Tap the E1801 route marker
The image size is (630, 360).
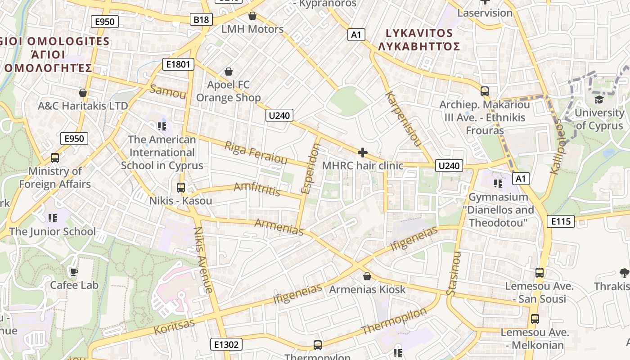178,64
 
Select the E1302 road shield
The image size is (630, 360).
226,345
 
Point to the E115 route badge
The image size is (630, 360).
561,221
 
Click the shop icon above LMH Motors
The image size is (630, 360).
252,16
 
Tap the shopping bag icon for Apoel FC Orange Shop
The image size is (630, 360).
229,72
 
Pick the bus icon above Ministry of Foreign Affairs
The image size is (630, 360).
55,158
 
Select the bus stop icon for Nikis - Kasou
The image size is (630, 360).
181,187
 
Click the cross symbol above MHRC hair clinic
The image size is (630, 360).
363,153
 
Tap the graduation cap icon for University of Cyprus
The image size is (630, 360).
599,99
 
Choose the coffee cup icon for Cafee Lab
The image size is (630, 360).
73,271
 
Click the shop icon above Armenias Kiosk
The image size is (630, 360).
367,276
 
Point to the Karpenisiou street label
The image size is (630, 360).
404,120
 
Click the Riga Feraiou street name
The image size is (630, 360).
256,153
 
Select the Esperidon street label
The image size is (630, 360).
310,169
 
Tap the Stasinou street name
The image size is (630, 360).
454,274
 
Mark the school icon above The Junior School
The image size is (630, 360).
53,218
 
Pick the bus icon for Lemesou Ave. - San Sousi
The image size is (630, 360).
540,272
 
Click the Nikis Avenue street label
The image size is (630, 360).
203,260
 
